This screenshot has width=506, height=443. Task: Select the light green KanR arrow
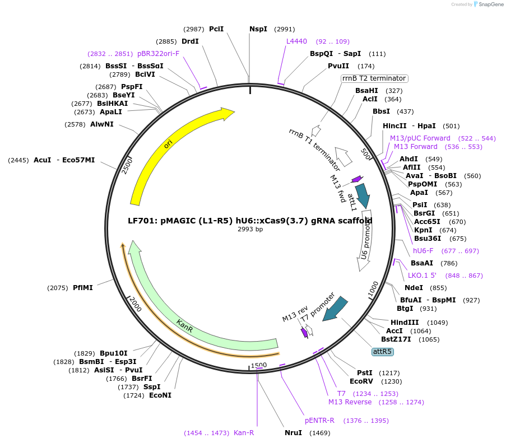tap(185, 324)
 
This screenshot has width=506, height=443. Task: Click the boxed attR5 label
tap(383, 352)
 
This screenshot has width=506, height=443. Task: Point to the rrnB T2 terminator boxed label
tap(374, 78)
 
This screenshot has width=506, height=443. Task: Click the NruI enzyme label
tap(293, 433)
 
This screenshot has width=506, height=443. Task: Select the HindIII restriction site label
tap(405, 323)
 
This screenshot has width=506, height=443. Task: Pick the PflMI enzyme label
tap(83, 288)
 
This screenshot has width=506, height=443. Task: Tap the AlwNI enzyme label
tap(102, 124)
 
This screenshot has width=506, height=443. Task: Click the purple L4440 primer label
tap(296, 41)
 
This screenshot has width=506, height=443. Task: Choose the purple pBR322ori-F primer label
tap(159, 54)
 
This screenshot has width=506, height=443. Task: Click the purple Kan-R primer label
tap(244, 433)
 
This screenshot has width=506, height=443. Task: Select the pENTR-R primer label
tap(319, 420)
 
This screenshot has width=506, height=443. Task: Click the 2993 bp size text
tap(250, 230)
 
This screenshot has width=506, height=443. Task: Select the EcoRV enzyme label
tap(360, 381)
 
